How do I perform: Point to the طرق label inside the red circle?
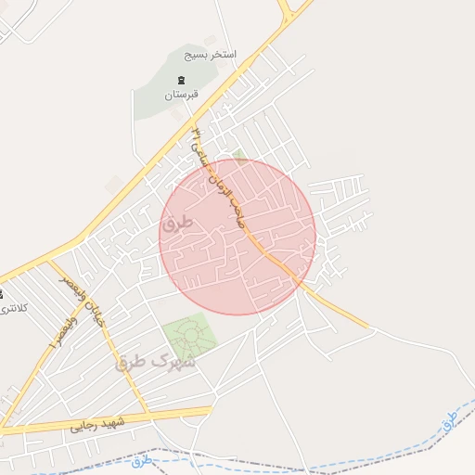[x=174, y=224]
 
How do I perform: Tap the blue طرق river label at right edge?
[x=450, y=419]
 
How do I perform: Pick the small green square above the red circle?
[x=239, y=155]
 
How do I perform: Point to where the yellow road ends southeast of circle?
[x=371, y=327]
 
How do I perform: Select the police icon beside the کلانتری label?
[x=2, y=294]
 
